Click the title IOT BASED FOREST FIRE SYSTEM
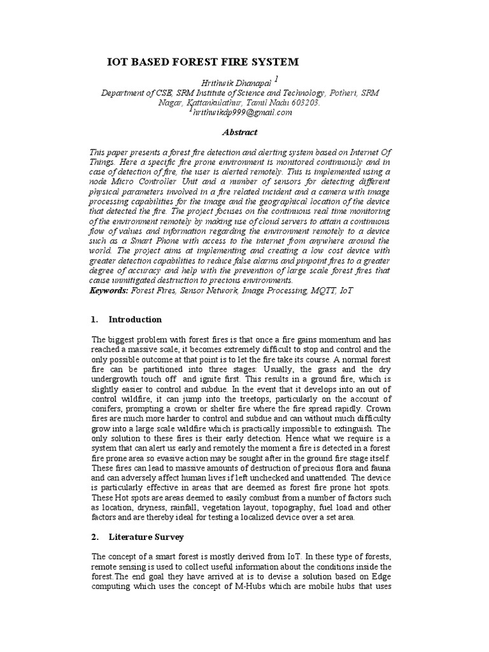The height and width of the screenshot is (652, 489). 202,62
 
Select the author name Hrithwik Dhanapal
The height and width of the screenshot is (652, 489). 240,82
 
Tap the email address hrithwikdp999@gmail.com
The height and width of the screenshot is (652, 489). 243,112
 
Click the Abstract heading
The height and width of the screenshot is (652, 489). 239,132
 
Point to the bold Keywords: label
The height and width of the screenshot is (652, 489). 110,290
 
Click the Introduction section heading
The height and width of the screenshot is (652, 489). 135,319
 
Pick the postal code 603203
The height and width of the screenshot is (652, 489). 304,103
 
